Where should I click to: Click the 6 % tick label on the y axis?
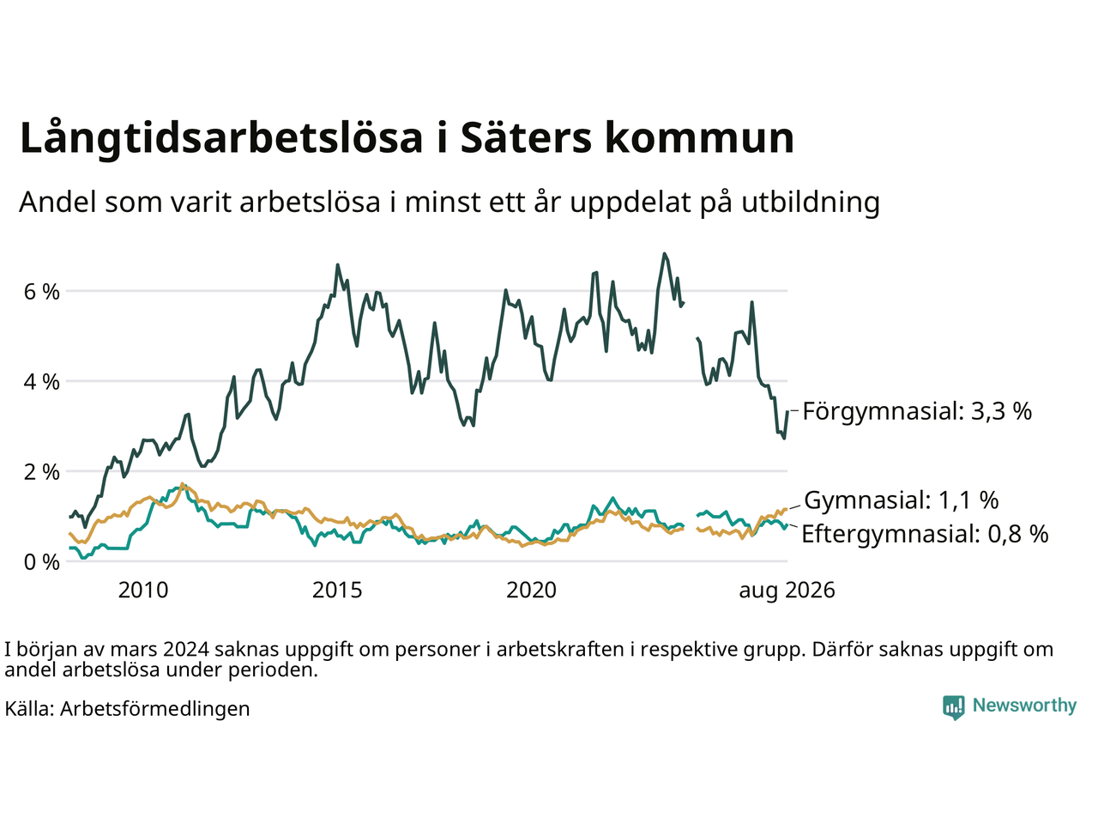click(41, 292)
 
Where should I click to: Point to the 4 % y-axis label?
click(41, 382)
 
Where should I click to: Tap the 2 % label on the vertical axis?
click(41, 472)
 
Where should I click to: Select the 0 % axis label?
click(41, 562)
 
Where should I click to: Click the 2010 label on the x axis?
click(143, 591)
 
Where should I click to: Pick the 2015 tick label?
click(337, 591)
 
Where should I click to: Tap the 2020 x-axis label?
click(531, 591)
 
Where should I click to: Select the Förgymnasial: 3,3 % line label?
click(917, 412)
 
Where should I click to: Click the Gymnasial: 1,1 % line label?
click(902, 500)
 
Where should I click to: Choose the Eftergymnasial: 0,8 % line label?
click(925, 535)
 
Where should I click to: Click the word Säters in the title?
click(526, 137)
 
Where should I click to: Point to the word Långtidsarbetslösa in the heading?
click(221, 138)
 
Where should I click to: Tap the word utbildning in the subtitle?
click(811, 203)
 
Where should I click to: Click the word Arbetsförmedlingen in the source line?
click(155, 709)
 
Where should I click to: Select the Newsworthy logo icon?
click(953, 707)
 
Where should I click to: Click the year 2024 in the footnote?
click(185, 650)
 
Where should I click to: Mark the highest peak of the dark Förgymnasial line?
click(664, 254)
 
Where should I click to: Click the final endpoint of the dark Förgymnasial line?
click(787, 411)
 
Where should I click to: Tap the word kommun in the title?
click(699, 137)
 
